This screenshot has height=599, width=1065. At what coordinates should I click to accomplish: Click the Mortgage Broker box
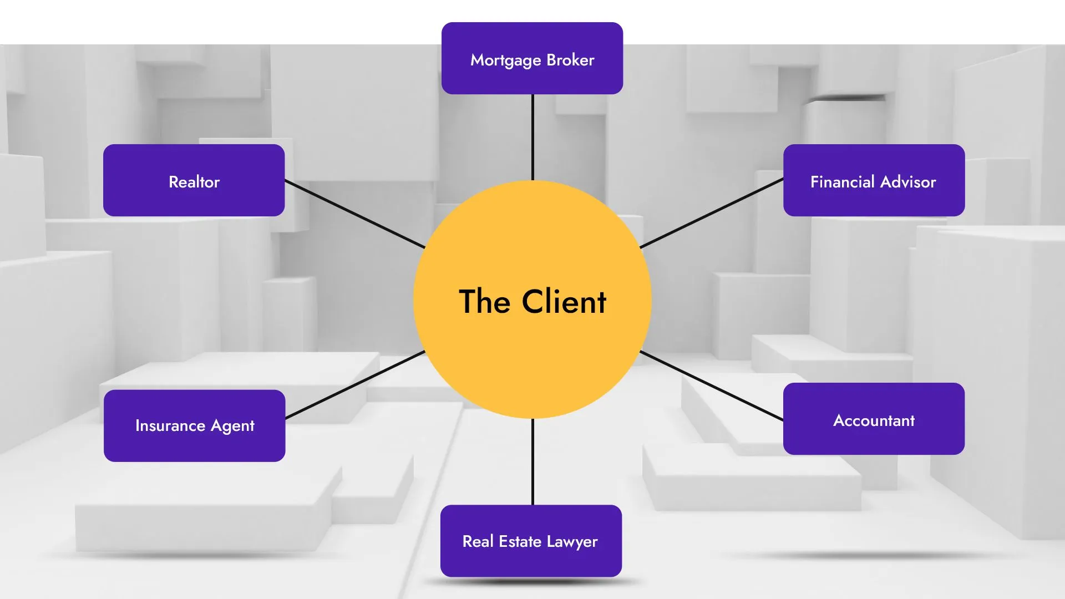point(532,58)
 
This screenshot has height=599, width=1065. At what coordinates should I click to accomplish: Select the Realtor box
point(194,180)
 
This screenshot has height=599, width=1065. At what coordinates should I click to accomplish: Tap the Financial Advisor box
point(874,180)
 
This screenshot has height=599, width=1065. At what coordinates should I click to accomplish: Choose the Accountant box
point(874,419)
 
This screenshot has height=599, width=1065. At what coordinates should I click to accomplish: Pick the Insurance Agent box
point(194,425)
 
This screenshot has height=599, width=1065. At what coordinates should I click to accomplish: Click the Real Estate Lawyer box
point(531,541)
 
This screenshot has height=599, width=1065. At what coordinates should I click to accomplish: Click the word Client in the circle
point(564,302)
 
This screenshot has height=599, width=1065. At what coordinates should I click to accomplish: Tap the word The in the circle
point(484,302)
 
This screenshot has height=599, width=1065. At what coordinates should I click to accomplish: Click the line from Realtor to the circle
point(355,214)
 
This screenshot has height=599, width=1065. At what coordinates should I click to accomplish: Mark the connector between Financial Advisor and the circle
point(712,213)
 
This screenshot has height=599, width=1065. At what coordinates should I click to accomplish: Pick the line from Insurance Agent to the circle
point(355,384)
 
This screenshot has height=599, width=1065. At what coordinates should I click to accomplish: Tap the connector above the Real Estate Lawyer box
point(532,461)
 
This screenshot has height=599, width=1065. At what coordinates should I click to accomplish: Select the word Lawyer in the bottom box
point(572,542)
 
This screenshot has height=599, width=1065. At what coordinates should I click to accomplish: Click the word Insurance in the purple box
point(170,426)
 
